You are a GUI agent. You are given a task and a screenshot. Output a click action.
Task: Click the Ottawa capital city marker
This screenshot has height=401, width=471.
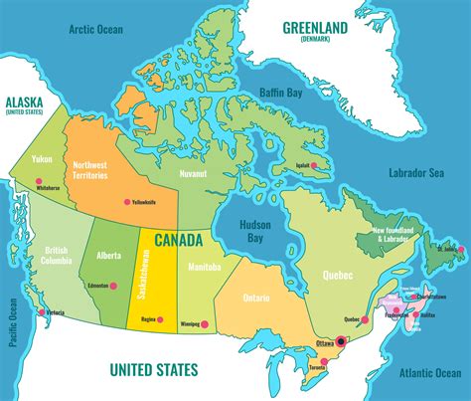341,340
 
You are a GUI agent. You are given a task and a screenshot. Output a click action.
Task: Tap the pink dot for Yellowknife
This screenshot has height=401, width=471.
126,202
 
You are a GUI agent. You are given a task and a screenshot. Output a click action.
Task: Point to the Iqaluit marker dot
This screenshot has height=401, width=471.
314,165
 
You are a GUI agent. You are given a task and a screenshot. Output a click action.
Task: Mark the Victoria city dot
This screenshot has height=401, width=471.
42,312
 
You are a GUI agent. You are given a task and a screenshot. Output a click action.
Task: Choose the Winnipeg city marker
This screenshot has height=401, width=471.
203,323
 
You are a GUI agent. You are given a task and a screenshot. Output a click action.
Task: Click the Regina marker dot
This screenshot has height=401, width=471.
158,319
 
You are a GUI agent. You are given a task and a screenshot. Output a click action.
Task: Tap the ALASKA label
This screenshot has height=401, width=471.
25,101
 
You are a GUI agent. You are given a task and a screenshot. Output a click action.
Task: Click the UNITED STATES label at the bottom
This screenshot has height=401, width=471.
153,370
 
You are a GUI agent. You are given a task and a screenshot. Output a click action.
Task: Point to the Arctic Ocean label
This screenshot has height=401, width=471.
95,30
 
